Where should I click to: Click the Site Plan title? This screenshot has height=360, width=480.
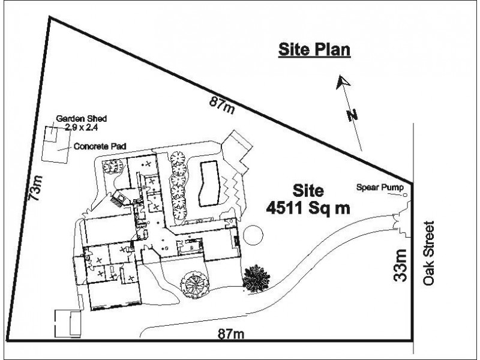(314, 50)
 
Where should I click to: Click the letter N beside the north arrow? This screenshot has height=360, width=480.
(352, 115)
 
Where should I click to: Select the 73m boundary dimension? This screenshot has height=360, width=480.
(35, 188)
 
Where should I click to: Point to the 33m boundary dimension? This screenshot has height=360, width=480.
(400, 265)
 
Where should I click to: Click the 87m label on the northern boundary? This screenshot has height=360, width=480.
(223, 104)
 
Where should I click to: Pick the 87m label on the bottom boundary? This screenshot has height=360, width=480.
(231, 334)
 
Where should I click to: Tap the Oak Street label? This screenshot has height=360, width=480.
(428, 253)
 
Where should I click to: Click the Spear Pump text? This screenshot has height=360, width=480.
(380, 187)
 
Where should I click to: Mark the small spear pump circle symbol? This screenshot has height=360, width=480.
(405, 195)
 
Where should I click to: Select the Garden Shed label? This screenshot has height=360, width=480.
(82, 118)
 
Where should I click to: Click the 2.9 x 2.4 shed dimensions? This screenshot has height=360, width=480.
(82, 127)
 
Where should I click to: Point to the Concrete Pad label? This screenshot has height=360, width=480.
(100, 146)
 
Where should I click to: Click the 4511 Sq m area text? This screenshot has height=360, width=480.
(308, 209)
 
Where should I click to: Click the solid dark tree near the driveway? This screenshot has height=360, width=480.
(256, 278)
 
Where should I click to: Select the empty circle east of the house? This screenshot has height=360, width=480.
(253, 235)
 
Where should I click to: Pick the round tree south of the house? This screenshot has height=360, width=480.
(195, 284)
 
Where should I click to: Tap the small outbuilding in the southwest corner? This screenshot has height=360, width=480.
(68, 323)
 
